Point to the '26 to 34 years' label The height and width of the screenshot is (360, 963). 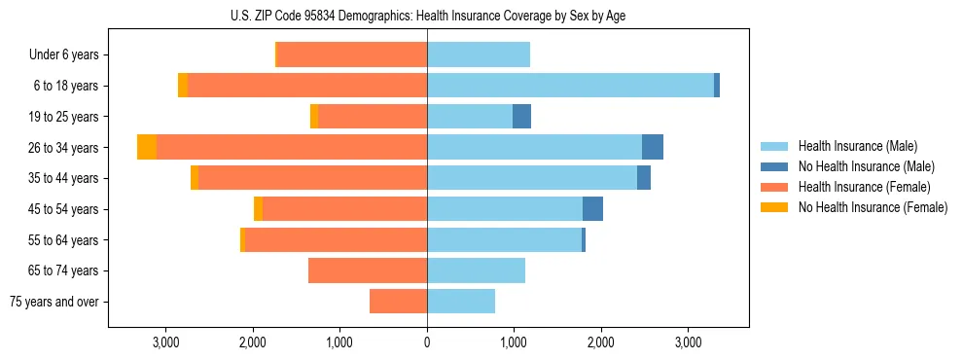coord(63,148)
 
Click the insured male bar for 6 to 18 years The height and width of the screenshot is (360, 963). coord(570,86)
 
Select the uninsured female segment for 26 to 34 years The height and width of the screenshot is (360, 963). coord(147,147)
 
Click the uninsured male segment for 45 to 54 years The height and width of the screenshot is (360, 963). coord(592,208)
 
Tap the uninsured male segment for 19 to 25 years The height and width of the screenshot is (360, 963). coord(521,117)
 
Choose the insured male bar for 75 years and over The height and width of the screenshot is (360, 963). coord(461,302)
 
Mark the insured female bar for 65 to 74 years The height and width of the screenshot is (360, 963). coord(368,270)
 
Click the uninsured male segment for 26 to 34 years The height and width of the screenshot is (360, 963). coord(653,147)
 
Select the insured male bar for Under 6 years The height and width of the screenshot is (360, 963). coord(479,55)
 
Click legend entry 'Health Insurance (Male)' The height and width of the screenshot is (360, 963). coord(857,146)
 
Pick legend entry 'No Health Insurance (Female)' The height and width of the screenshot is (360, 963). coord(873,207)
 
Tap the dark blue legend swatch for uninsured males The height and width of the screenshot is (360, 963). coord(775,166)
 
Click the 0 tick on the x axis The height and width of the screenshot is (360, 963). coord(427,342)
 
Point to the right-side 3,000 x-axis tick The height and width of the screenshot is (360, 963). coord(688,342)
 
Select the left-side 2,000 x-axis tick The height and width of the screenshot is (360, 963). coord(253,342)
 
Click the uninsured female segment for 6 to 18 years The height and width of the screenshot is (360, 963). coord(183,86)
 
